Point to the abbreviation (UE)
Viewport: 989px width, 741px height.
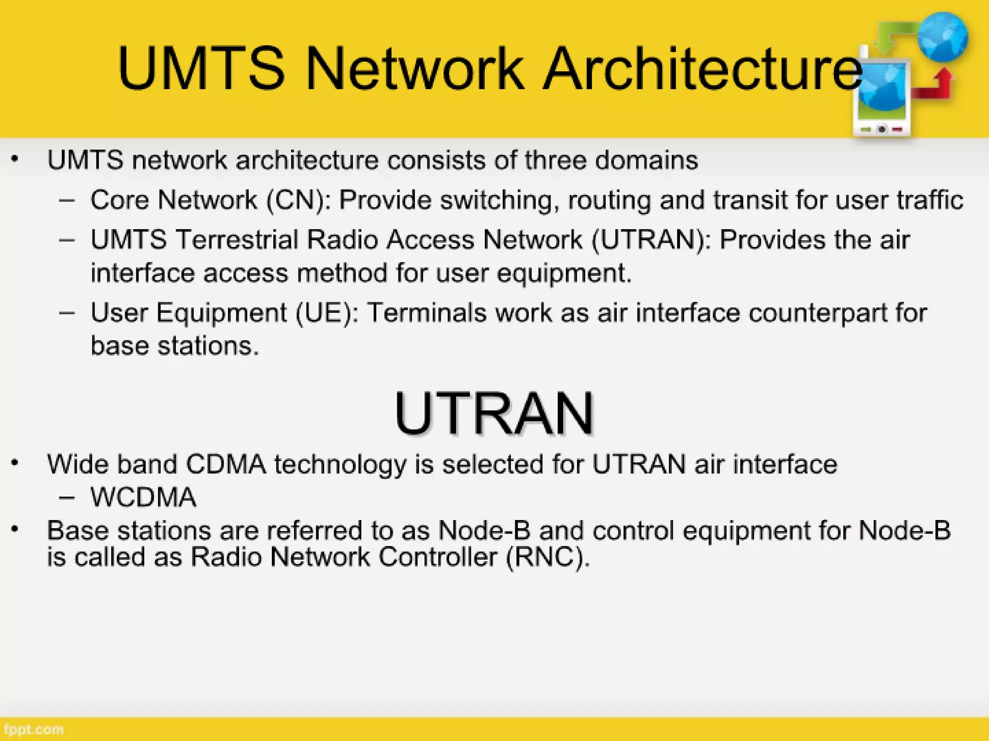(327, 313)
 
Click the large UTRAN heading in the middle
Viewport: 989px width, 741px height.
(494, 413)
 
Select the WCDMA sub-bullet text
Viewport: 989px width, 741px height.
(143, 497)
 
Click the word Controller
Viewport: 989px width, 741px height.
(438, 557)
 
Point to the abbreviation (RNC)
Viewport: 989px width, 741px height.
(548, 557)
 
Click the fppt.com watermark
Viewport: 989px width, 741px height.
(32, 729)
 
